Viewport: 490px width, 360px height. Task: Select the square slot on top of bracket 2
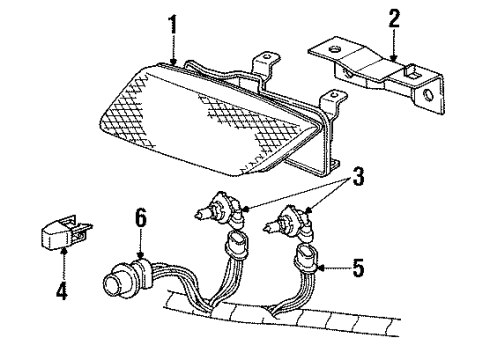tap(411, 72)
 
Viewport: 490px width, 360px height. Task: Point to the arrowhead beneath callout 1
tap(174, 61)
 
